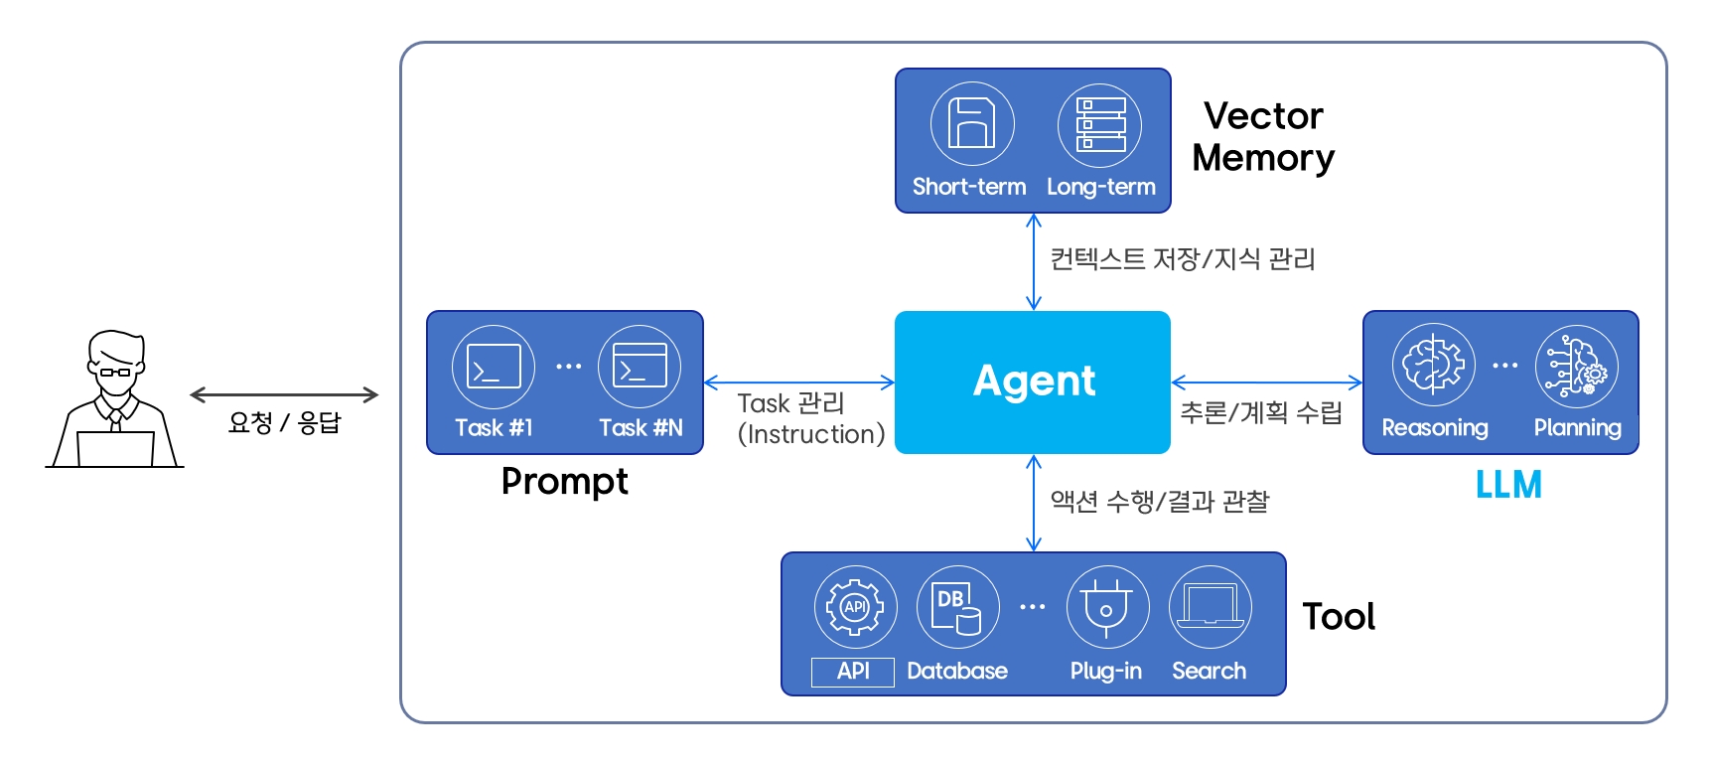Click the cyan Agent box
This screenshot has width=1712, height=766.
point(1033,383)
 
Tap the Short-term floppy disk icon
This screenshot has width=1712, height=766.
point(971,124)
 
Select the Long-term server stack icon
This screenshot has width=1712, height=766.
point(1099,125)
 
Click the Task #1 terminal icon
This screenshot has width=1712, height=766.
point(494,367)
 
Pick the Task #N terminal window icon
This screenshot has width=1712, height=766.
point(640,367)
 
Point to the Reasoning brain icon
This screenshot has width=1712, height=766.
point(1433,365)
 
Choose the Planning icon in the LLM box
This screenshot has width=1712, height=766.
point(1576,366)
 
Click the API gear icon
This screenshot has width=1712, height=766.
point(855,607)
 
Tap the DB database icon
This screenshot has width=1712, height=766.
point(957,607)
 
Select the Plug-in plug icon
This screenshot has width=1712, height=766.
point(1107,607)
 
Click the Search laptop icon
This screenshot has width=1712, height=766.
point(1210,607)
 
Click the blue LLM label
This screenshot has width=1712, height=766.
point(1507,485)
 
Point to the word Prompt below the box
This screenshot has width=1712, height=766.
point(564,482)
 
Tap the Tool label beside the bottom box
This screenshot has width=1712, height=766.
point(1338,617)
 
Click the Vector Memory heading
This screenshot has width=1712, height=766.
point(1262,137)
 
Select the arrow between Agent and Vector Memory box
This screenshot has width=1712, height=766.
point(1033,262)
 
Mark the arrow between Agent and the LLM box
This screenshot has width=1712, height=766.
point(1266,383)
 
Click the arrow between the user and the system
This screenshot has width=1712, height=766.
point(284,395)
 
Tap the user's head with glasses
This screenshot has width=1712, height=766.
point(116,363)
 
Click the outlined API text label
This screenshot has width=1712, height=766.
point(853,672)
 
